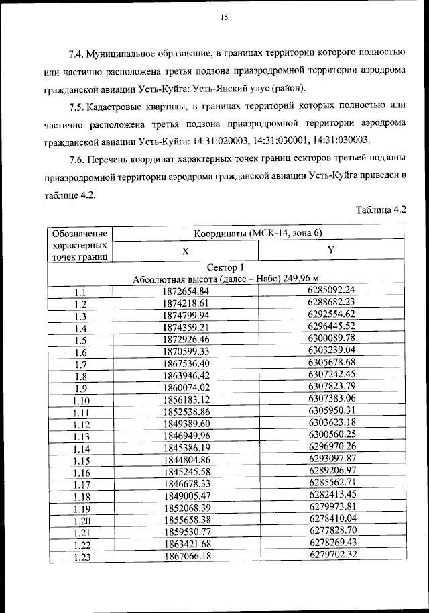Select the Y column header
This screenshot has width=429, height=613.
(x=331, y=250)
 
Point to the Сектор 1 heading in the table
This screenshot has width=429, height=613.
(x=225, y=267)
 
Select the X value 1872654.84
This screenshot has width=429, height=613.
(x=186, y=291)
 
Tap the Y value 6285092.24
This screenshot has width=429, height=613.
(x=331, y=290)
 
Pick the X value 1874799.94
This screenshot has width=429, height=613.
(x=186, y=316)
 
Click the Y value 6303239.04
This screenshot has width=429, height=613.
(x=331, y=350)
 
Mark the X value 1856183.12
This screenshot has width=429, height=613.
(x=186, y=399)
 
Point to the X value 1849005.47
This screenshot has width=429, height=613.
(x=186, y=496)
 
